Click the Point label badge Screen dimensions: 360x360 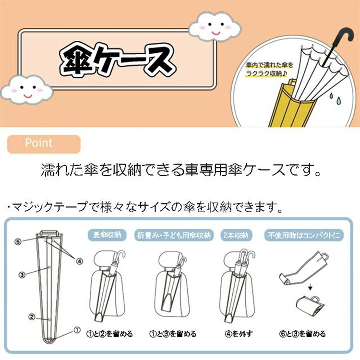44,144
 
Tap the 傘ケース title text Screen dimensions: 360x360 117,59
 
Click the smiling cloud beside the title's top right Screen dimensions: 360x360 215,27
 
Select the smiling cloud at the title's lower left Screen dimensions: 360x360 27,89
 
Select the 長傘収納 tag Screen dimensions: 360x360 107,235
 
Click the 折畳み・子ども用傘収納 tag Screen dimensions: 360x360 174,235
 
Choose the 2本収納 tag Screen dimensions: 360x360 236,235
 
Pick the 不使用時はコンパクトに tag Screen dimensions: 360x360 304,235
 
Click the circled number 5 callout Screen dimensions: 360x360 18,241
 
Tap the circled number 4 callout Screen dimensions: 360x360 79,261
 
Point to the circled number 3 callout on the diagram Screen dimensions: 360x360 22,275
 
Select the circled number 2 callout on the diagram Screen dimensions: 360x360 32,317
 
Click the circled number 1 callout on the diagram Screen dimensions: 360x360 77,330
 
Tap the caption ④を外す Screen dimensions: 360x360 239,334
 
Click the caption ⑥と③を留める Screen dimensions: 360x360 302,334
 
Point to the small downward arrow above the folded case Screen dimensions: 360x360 310,287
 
